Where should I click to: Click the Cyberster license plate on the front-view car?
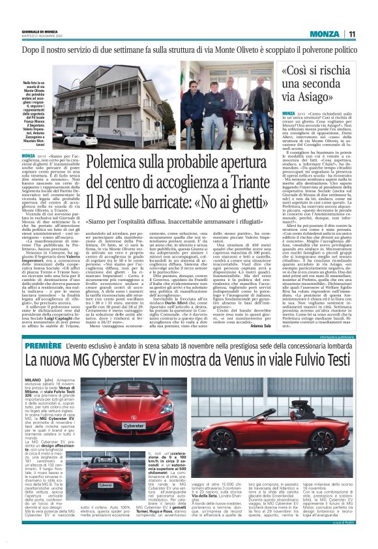(x=133, y=425)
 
